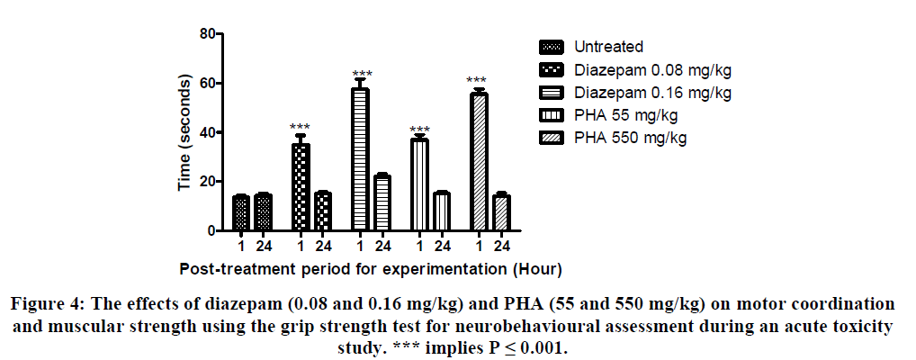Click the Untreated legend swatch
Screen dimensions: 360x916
pyautogui.click(x=551, y=47)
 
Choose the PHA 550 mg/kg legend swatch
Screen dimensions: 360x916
pyautogui.click(x=551, y=137)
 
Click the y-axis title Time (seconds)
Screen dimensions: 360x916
pyautogui.click(x=184, y=133)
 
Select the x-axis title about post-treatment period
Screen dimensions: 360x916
pyautogui.click(x=371, y=268)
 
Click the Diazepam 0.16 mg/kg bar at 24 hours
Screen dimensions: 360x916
pyautogui.click(x=382, y=203)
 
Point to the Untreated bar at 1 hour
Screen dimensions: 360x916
pyautogui.click(x=241, y=213)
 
